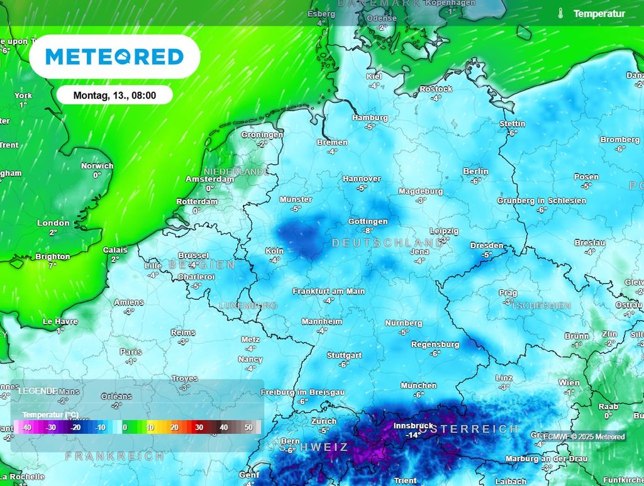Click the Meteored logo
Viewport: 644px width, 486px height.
coord(114,57)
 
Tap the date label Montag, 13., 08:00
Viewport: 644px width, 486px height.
coord(114,96)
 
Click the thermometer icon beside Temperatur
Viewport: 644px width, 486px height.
coord(560,13)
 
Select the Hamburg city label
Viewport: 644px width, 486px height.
coord(370,118)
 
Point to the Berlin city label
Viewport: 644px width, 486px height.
coord(475,171)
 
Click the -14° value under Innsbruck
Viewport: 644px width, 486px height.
coord(413,435)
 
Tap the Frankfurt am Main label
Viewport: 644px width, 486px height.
coord(328,291)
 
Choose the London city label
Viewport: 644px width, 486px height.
coord(53,223)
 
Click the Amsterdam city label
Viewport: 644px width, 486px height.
coord(209,179)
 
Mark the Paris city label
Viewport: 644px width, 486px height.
coord(131,352)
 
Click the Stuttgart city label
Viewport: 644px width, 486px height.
coord(344,355)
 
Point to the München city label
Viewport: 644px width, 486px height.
coord(418,385)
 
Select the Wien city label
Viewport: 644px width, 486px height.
coord(569,382)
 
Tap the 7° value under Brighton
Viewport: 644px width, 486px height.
coord(53,265)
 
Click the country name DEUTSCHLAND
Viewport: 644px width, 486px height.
coord(387,243)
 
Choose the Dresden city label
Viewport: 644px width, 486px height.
coord(487,245)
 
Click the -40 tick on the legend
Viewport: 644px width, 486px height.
coord(26,428)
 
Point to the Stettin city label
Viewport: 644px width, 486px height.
coord(512,124)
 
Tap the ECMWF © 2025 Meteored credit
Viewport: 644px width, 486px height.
coord(583,437)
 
